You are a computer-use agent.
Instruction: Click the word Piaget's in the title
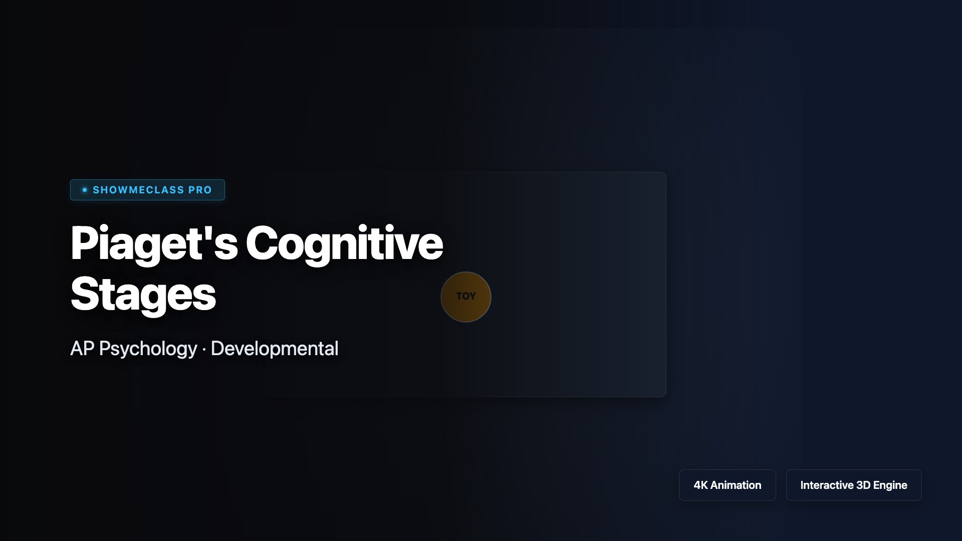(154, 244)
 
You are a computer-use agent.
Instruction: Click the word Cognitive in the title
(344, 243)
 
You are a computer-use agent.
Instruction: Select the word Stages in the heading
(143, 295)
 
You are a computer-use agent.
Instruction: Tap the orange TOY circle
(466, 297)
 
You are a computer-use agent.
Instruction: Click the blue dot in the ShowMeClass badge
(85, 190)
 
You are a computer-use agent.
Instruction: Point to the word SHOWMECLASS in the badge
(138, 190)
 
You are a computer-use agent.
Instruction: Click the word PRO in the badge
(200, 190)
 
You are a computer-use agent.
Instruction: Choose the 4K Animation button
(728, 485)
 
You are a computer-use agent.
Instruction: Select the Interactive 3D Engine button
(854, 485)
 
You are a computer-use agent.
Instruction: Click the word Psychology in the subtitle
(148, 349)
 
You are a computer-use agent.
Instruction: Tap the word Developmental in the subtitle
(275, 349)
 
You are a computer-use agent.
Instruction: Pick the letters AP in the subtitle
(82, 349)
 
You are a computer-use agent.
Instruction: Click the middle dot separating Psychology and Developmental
(204, 350)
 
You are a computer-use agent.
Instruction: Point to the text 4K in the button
(700, 485)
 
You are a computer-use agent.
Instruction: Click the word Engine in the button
(890, 485)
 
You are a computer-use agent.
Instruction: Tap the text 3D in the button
(863, 485)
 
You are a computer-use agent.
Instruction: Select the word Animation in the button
(736, 485)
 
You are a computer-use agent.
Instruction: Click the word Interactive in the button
(827, 485)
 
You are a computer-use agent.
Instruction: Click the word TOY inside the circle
(466, 297)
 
